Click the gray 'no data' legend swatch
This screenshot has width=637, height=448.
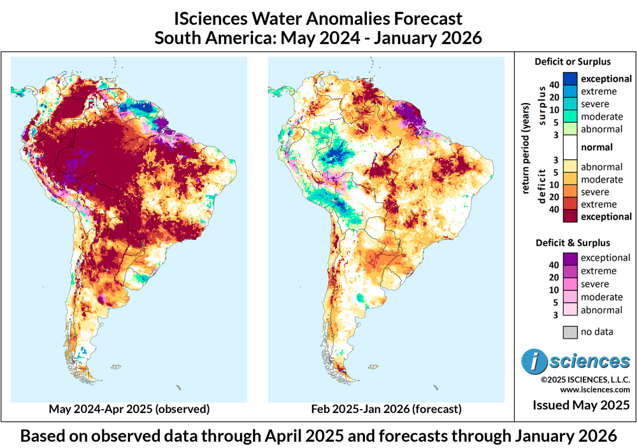point(570,332)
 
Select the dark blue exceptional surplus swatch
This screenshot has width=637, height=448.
point(570,78)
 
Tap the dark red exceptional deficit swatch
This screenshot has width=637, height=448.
point(570,216)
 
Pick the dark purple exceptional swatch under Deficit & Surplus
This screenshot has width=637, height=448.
point(570,258)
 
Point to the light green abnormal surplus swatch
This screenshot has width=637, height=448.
point(570,129)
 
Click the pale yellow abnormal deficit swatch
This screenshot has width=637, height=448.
point(570,166)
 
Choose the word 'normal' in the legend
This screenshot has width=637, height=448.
point(597,148)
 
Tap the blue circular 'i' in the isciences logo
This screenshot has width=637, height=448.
point(534,361)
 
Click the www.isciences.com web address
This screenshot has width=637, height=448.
point(596,389)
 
